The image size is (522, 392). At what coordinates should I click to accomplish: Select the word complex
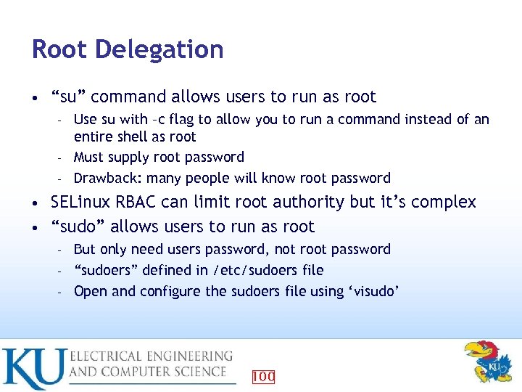pos(444,202)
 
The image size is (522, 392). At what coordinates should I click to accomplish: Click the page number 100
pos(262,376)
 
